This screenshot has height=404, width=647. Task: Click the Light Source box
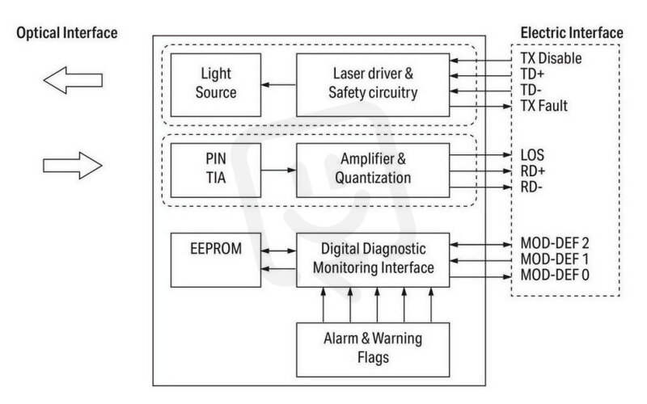pos(216,85)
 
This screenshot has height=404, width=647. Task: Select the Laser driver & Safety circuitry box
pos(373,85)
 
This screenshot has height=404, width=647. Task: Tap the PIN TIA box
pos(216,170)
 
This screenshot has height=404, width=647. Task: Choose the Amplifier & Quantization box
pos(373,170)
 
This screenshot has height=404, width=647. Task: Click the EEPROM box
pos(216,260)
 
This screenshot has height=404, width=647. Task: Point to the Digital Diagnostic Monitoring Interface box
pos(373,260)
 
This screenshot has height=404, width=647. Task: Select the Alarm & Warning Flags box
pos(373,350)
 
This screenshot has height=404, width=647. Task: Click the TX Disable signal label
pos(551,58)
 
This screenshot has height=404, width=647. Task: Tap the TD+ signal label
pos(532,74)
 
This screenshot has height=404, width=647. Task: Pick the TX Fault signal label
pos(543,106)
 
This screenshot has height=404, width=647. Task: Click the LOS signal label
pos(532,155)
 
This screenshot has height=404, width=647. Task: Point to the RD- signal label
pos(531,187)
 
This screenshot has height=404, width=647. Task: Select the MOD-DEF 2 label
pos(555,243)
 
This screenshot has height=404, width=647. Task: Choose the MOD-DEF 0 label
pos(555,275)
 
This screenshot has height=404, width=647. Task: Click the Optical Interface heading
pos(67,33)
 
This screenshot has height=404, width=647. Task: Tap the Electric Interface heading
pos(572,33)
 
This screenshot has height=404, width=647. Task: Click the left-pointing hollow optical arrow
pos(73,80)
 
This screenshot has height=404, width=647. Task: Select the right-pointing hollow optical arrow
pos(73,166)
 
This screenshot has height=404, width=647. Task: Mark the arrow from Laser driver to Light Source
pos(279,85)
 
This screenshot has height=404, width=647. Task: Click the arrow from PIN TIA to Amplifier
pos(279,170)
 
